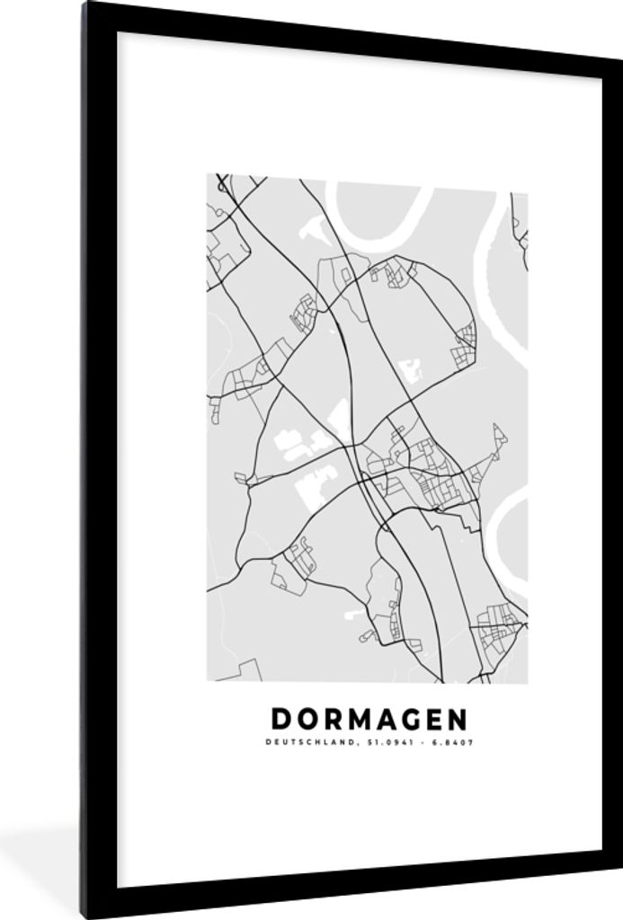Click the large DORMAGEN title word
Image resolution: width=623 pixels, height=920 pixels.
[369, 720]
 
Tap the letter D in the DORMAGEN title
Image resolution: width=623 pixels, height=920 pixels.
[280, 720]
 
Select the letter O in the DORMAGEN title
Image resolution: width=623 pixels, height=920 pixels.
[306, 720]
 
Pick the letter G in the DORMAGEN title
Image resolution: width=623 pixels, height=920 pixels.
[411, 720]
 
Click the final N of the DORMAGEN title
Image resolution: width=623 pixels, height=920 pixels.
[458, 720]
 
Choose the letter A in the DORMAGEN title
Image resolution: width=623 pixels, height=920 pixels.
[387, 720]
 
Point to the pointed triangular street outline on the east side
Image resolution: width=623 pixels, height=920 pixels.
[497, 440]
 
